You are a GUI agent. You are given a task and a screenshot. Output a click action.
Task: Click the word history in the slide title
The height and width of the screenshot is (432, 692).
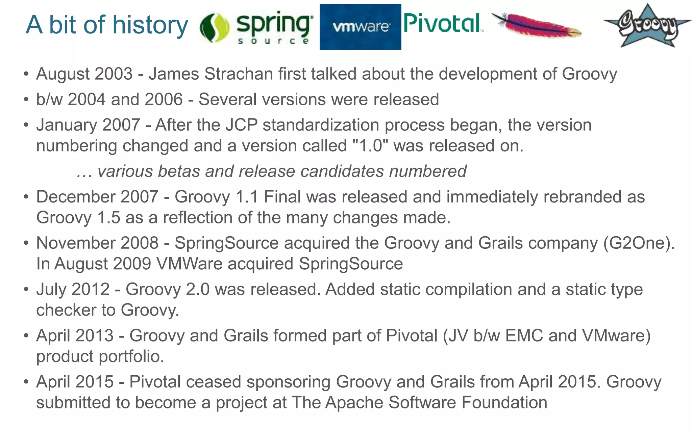point(150,25)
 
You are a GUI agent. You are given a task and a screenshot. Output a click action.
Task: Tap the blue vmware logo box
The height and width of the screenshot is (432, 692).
point(360,27)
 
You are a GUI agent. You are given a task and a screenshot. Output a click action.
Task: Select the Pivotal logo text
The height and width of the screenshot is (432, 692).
point(443,24)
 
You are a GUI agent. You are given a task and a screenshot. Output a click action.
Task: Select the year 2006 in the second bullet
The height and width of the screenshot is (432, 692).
point(163,100)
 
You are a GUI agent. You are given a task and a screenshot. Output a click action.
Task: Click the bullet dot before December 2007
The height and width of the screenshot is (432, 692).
point(26,197)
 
